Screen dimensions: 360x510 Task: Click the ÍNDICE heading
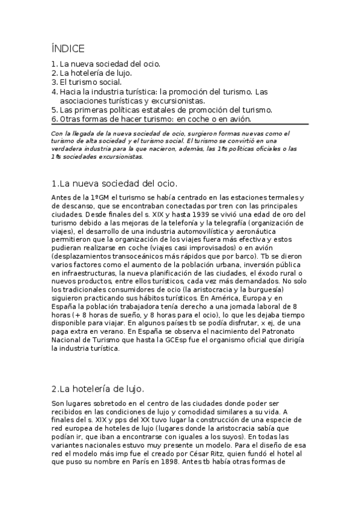[68, 49]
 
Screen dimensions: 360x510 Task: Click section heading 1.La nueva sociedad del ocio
[115, 183]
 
